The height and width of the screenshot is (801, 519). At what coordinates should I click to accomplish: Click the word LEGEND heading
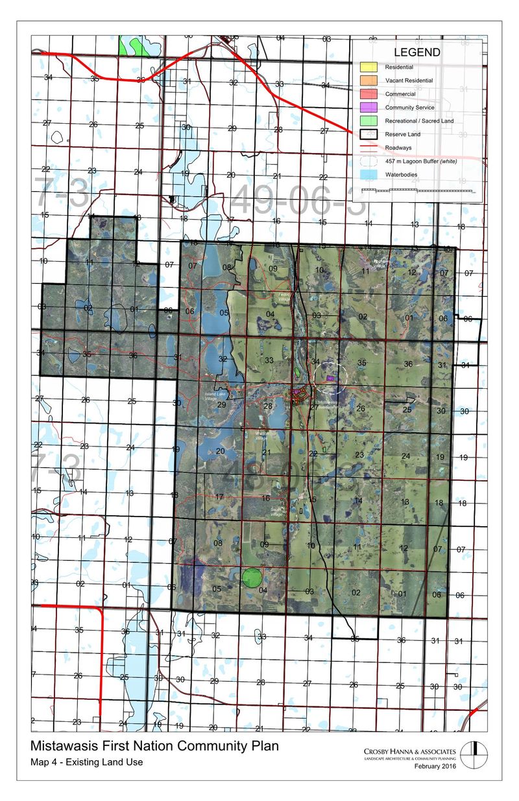pos(417,52)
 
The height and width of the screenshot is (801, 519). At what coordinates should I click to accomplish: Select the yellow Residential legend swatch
pos(368,67)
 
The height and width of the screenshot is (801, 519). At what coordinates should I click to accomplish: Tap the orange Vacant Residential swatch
pos(368,80)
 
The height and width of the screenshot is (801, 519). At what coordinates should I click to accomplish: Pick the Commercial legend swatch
pos(368,94)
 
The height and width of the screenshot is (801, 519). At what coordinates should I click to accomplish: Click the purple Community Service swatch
pos(368,108)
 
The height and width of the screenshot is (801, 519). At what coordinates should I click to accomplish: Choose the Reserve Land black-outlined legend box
pos(368,134)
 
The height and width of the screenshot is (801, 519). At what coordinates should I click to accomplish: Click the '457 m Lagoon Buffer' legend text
pos(416,161)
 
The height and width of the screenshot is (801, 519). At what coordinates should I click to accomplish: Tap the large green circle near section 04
pos(251,576)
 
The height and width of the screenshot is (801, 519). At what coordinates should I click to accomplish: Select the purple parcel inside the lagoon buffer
pos(330,377)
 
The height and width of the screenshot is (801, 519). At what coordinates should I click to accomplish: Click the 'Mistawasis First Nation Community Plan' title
pos(154,747)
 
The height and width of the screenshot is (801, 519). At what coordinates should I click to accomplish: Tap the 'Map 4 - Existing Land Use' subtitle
pos(86,762)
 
